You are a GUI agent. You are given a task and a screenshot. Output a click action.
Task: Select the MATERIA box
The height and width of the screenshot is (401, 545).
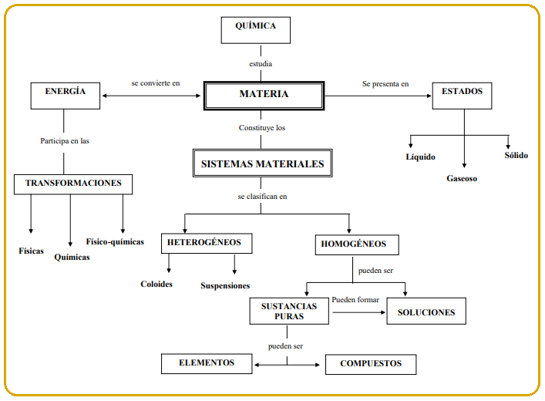point(264,95)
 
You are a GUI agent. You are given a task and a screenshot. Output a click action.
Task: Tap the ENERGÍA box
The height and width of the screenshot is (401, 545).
point(65,94)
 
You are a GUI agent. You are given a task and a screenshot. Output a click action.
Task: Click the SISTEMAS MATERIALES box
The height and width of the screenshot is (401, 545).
point(262,163)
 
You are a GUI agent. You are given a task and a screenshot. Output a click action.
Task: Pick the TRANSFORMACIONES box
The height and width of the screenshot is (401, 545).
point(73,184)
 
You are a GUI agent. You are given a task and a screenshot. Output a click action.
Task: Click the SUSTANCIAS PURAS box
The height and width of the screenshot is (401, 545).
point(288,311)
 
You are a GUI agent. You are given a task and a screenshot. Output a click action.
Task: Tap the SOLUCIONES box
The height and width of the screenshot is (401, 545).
point(426,312)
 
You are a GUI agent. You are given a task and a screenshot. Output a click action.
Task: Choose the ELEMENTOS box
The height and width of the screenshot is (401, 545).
point(206,362)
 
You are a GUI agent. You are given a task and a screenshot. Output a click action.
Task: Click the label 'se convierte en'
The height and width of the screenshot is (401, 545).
point(155,83)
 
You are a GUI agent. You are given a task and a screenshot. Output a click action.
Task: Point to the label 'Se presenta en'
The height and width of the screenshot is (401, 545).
point(385,83)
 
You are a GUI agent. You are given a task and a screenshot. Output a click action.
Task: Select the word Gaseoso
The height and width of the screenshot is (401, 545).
point(462,178)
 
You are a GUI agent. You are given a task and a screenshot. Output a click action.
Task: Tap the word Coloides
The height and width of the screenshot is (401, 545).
point(156,284)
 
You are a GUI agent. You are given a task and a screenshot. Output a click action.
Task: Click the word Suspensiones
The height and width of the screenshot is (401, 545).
point(225,285)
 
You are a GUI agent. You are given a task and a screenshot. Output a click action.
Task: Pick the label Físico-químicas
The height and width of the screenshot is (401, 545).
point(115,241)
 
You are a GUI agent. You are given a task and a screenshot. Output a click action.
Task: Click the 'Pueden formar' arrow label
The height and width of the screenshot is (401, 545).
point(355,299)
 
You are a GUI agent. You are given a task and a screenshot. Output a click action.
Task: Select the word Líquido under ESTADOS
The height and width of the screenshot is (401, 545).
point(421,157)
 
